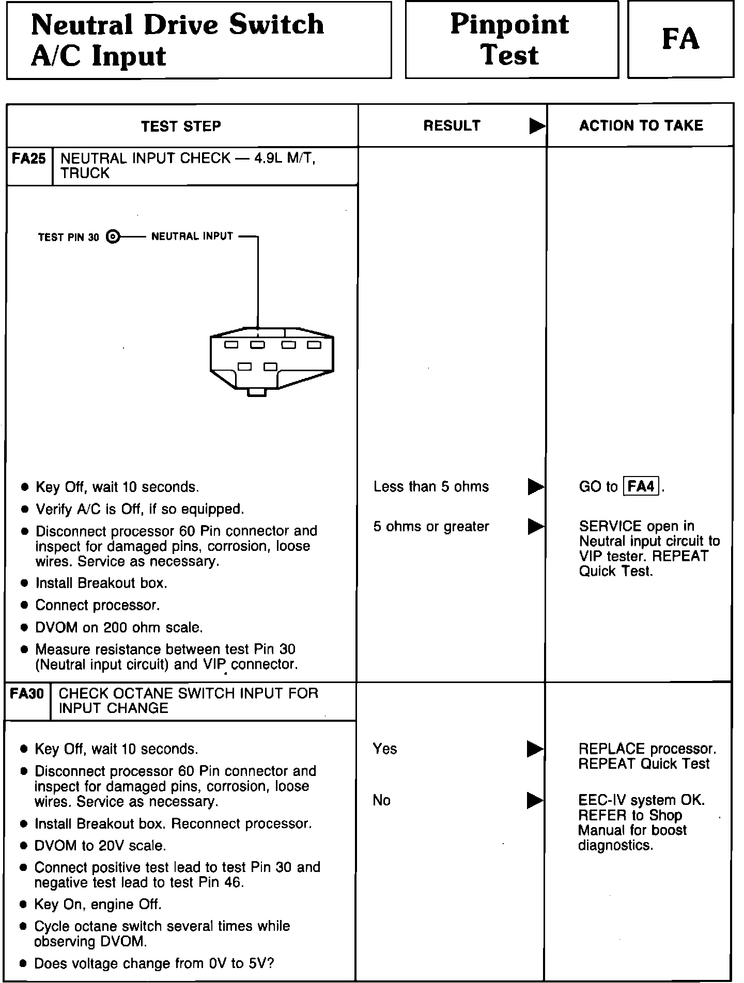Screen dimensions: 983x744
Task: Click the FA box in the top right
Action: pyautogui.click(x=680, y=40)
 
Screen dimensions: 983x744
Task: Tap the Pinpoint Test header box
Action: pyautogui.click(x=511, y=40)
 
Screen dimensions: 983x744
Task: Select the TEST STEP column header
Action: pyautogui.click(x=181, y=126)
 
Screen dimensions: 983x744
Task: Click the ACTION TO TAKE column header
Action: pyautogui.click(x=641, y=125)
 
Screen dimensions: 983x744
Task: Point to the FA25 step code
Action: pyautogui.click(x=29, y=158)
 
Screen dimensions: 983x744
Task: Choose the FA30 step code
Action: pyautogui.click(x=27, y=693)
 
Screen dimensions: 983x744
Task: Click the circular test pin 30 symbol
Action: pyautogui.click(x=113, y=237)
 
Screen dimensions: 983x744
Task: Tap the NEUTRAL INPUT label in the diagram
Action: pyautogui.click(x=192, y=236)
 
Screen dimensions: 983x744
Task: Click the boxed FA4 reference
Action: pyautogui.click(x=642, y=486)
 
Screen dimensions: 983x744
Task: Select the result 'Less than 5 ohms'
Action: pyautogui.click(x=431, y=486)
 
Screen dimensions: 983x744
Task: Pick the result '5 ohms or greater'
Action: pyautogui.click(x=431, y=527)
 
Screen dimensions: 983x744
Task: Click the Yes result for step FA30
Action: pyautogui.click(x=384, y=749)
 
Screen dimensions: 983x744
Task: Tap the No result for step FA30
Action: pyautogui.click(x=381, y=800)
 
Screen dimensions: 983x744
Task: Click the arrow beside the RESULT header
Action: pyautogui.click(x=537, y=126)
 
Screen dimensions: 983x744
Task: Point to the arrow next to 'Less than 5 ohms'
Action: pyautogui.click(x=535, y=486)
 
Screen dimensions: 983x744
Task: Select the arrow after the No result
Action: pyautogui.click(x=535, y=800)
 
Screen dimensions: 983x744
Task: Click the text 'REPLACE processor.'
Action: pyautogui.click(x=647, y=749)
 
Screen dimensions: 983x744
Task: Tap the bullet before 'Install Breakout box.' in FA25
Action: pyautogui.click(x=24, y=583)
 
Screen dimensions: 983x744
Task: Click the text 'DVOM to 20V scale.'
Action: pyautogui.click(x=100, y=846)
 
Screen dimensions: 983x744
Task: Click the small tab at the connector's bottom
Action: pyautogui.click(x=257, y=392)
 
